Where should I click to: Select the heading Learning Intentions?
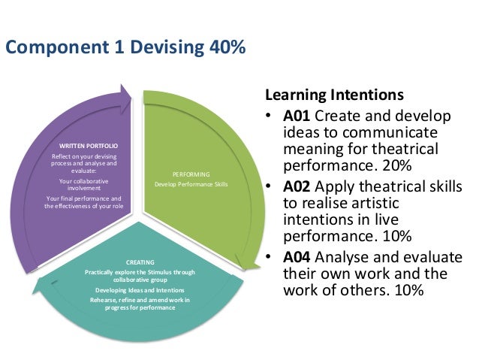point(333,97)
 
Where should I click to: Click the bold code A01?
point(297,116)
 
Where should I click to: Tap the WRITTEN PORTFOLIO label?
point(88,144)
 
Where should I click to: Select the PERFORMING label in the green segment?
point(191,173)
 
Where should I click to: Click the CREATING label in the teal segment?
point(135,262)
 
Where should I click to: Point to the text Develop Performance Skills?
point(191,184)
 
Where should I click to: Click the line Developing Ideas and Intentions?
point(136,290)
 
